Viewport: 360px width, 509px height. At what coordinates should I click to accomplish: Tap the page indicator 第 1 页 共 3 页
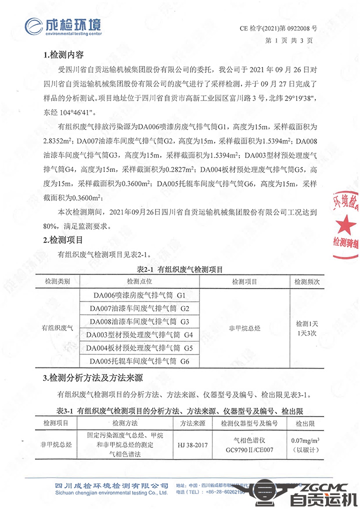pos(288,40)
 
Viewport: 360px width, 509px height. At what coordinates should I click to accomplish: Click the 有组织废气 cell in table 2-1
pos(57,328)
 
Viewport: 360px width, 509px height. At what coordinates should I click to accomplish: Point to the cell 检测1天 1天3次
pos(307,328)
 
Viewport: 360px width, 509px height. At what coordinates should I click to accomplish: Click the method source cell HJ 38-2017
pos(193,444)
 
